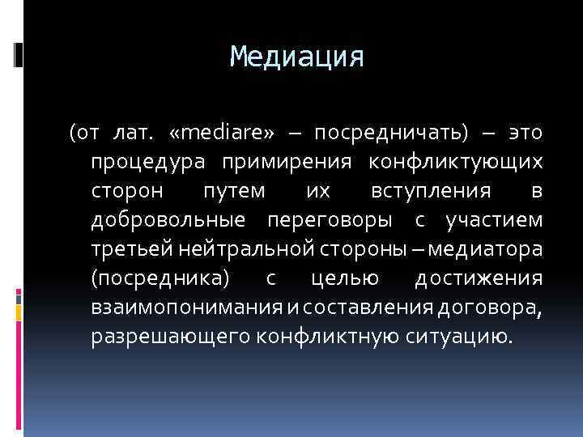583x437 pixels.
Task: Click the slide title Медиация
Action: [297, 57]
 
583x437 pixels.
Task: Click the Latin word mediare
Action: [223, 132]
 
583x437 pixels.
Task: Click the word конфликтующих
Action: [455, 161]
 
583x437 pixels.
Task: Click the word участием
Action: [494, 219]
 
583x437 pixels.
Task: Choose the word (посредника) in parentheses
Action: [161, 278]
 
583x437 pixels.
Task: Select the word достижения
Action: [478, 278]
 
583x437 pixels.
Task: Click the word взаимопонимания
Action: [185, 307]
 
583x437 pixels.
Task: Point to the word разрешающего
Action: [169, 336]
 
